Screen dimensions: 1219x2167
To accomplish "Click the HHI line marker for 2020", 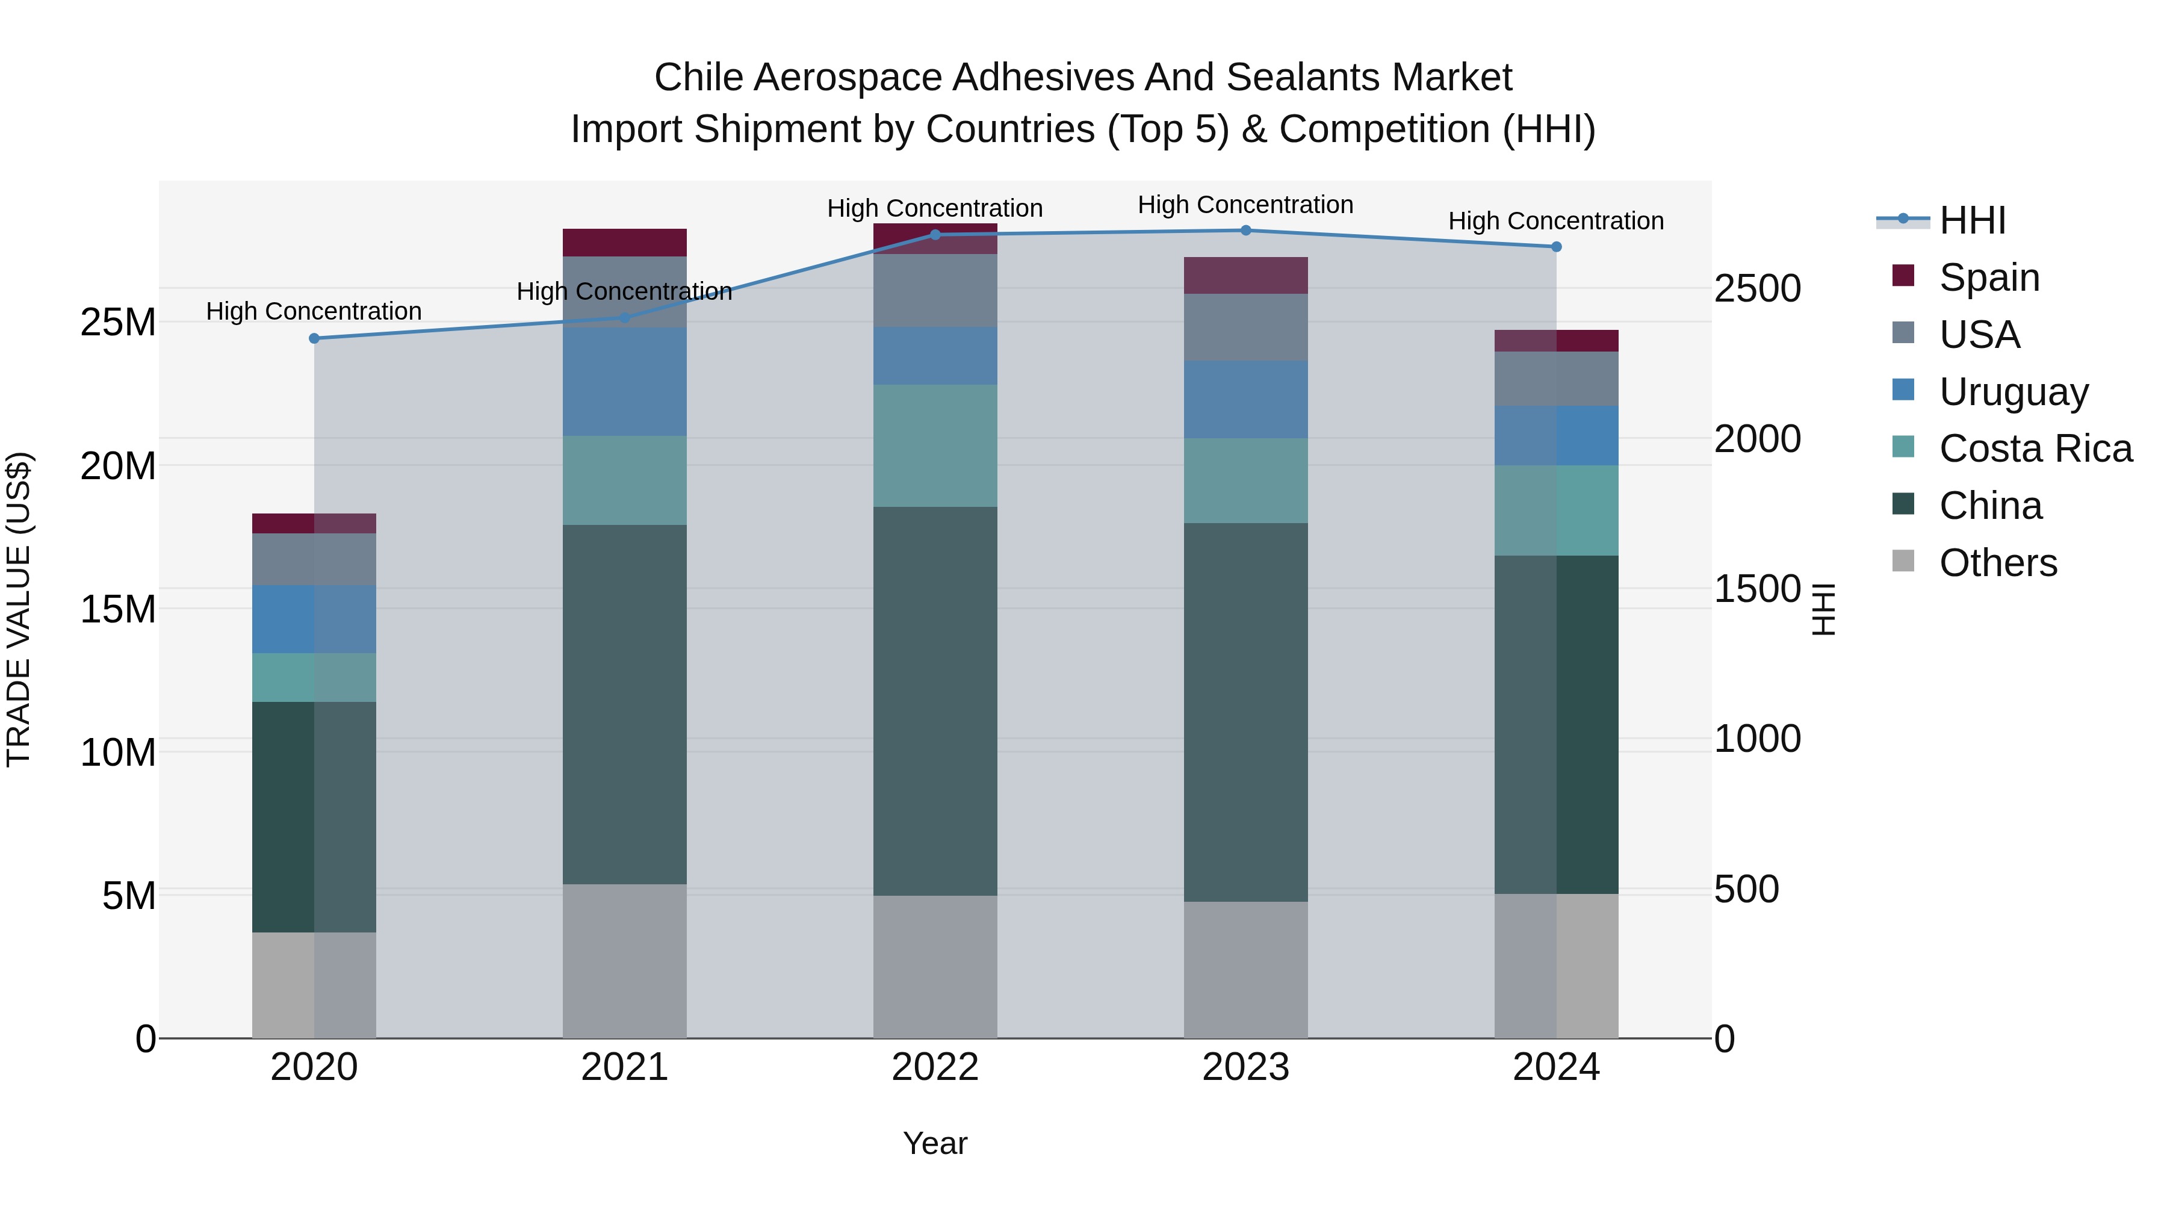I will tap(314, 338).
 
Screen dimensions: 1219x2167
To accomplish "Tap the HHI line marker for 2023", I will tap(1246, 231).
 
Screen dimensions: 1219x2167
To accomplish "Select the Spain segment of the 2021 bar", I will tap(624, 242).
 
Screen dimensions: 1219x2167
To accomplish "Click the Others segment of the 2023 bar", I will tap(1246, 969).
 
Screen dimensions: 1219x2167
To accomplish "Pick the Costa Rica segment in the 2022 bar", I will tap(935, 446).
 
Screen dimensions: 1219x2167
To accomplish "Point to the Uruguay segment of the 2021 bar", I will tap(624, 381).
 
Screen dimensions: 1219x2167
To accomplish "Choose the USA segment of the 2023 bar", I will tap(1246, 327).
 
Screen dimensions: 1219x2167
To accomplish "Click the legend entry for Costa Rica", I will tap(2036, 448).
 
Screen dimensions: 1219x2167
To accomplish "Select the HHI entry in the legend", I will tap(1972, 220).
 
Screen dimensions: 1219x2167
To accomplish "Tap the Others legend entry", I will tap(1998, 563).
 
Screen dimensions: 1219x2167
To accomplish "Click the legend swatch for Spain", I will tap(1903, 276).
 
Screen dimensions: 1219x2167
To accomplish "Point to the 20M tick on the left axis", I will tap(118, 466).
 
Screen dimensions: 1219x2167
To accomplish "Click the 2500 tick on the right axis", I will tap(1757, 288).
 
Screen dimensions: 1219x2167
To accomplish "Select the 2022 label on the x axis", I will tap(935, 1067).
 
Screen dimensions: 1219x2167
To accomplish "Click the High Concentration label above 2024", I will tap(1555, 222).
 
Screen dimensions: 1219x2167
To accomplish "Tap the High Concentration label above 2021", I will tap(624, 292).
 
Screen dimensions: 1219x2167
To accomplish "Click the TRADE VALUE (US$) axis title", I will tap(19, 609).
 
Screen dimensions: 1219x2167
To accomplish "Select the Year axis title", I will tap(935, 1143).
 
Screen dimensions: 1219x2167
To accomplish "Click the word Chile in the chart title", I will tap(698, 78).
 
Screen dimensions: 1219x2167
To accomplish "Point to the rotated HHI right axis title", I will tap(1822, 609).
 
